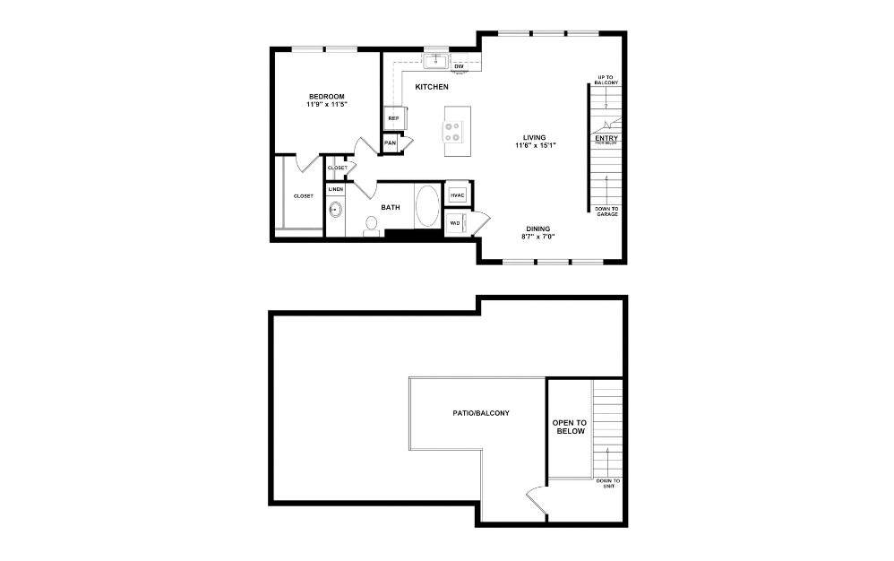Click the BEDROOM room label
click(326, 97)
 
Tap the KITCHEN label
click(431, 87)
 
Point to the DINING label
click(538, 229)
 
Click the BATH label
click(391, 208)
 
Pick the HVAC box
click(457, 194)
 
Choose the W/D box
click(456, 222)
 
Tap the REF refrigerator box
click(393, 117)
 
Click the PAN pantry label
click(390, 142)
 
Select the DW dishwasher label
click(459, 66)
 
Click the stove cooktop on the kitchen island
click(452, 132)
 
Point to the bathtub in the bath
click(426, 207)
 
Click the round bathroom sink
click(335, 211)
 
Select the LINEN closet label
click(335, 190)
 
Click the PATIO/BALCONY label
click(481, 413)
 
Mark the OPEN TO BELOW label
click(569, 427)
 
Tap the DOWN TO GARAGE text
click(606, 212)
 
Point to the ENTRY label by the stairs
click(606, 139)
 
